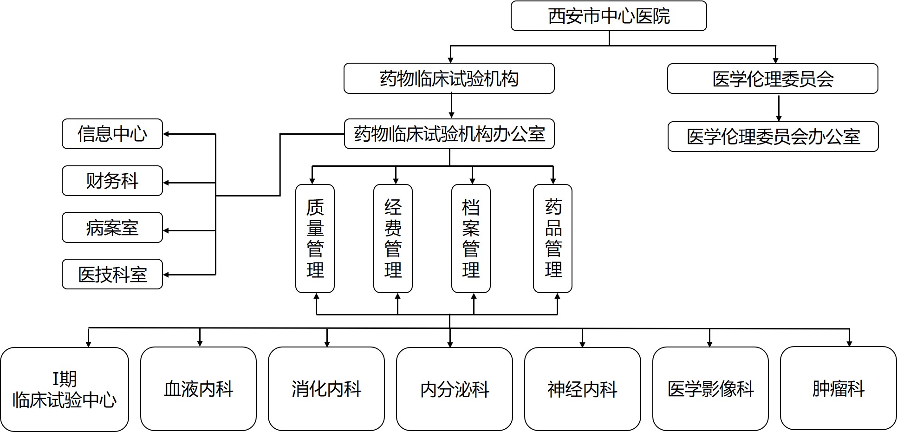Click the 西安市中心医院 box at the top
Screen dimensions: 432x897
(x=609, y=16)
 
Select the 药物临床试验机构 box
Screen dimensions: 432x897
(x=449, y=79)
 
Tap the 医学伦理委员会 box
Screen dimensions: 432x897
(x=773, y=79)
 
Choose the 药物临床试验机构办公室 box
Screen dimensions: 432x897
(x=449, y=134)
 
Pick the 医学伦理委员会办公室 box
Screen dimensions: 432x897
(x=773, y=137)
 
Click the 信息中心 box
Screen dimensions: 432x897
(x=112, y=134)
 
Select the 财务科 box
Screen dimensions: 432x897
(x=112, y=181)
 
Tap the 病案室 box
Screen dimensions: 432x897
(x=112, y=228)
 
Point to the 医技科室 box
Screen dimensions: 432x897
(x=112, y=275)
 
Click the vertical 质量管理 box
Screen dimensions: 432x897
(x=315, y=238)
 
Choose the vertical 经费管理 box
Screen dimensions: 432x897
(x=393, y=238)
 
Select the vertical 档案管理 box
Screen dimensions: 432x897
(x=471, y=238)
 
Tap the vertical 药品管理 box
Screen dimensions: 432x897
(x=552, y=238)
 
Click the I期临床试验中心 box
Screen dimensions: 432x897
(x=65, y=389)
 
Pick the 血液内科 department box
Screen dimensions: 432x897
(x=198, y=389)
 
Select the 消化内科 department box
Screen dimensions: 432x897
(x=326, y=389)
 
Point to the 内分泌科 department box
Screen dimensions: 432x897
(x=455, y=389)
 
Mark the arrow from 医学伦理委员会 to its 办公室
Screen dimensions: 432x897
(x=779, y=108)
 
